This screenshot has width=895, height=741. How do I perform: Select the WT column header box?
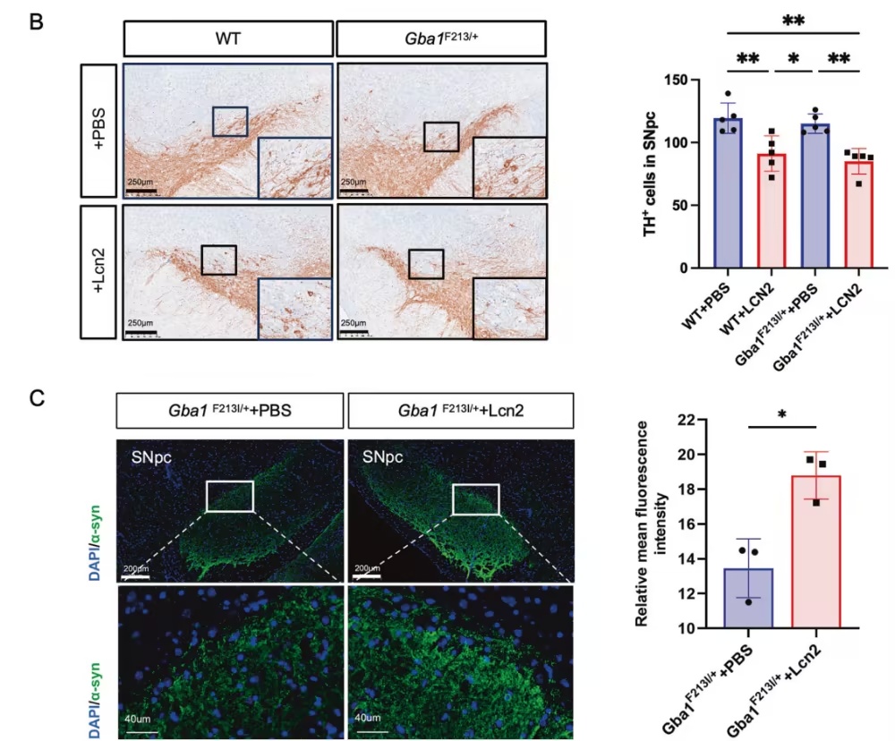[x=228, y=39]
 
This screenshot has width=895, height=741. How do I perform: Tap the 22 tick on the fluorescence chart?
[x=685, y=420]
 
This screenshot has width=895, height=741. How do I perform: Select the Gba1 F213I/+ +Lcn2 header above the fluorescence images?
[x=460, y=412]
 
